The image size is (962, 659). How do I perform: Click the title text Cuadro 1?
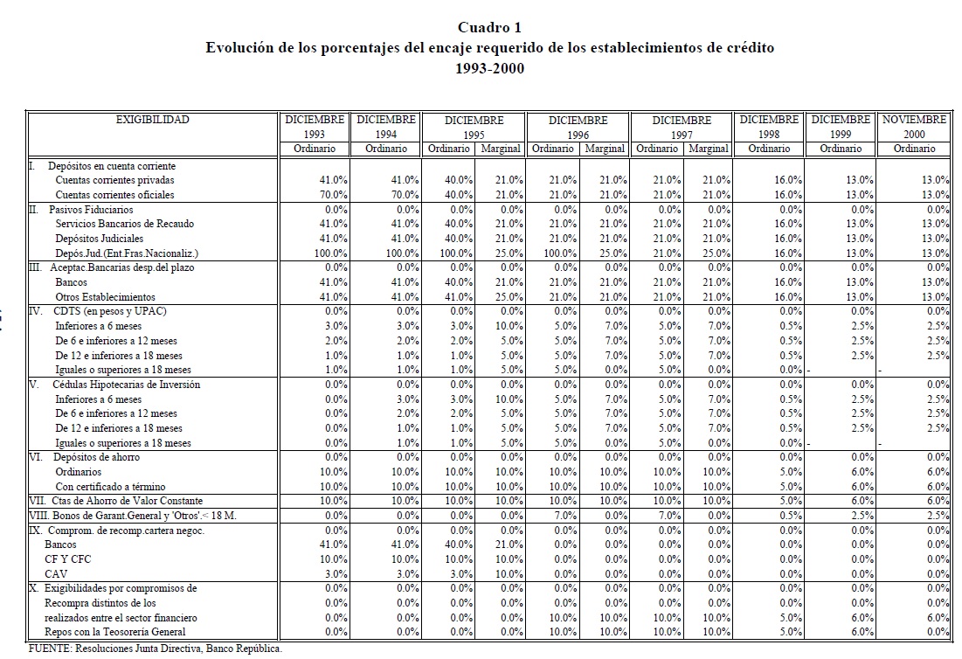point(489,29)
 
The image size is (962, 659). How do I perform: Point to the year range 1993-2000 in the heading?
point(489,68)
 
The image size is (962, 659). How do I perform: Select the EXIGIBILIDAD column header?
point(153,120)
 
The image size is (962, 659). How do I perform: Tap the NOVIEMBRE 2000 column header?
point(914,127)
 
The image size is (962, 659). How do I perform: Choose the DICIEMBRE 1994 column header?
point(386,127)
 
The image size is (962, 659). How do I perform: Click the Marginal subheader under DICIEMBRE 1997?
point(708,149)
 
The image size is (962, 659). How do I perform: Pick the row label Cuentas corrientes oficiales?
point(114,194)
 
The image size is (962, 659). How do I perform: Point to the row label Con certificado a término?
point(110,486)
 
